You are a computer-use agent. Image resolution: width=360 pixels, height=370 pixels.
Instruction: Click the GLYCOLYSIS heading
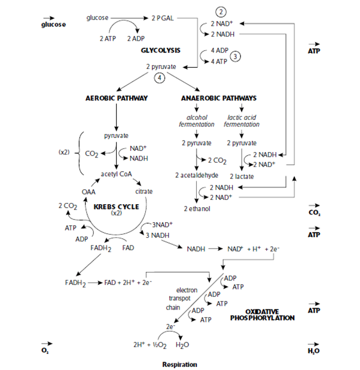coord(161,50)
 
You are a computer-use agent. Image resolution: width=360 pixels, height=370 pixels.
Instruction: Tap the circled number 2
coord(222,12)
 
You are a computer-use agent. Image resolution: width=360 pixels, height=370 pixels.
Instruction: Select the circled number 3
coord(236,56)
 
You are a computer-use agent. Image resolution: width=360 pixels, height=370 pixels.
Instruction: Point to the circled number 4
coord(159,78)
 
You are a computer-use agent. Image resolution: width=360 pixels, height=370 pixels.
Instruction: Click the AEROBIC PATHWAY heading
coord(117,98)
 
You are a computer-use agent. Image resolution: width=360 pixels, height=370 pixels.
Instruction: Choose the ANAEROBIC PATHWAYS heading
coord(218,98)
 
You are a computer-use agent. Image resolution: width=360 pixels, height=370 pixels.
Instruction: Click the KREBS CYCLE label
coord(117,207)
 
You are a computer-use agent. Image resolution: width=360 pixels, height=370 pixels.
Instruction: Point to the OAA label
coord(89,191)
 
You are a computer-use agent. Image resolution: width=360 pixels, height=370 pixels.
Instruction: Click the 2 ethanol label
coord(194,208)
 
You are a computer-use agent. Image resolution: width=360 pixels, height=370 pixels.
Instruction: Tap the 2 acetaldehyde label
coord(194,175)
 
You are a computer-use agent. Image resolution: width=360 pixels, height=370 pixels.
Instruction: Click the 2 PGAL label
coord(163,17)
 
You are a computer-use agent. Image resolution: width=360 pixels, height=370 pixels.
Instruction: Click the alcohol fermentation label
coord(197,121)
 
